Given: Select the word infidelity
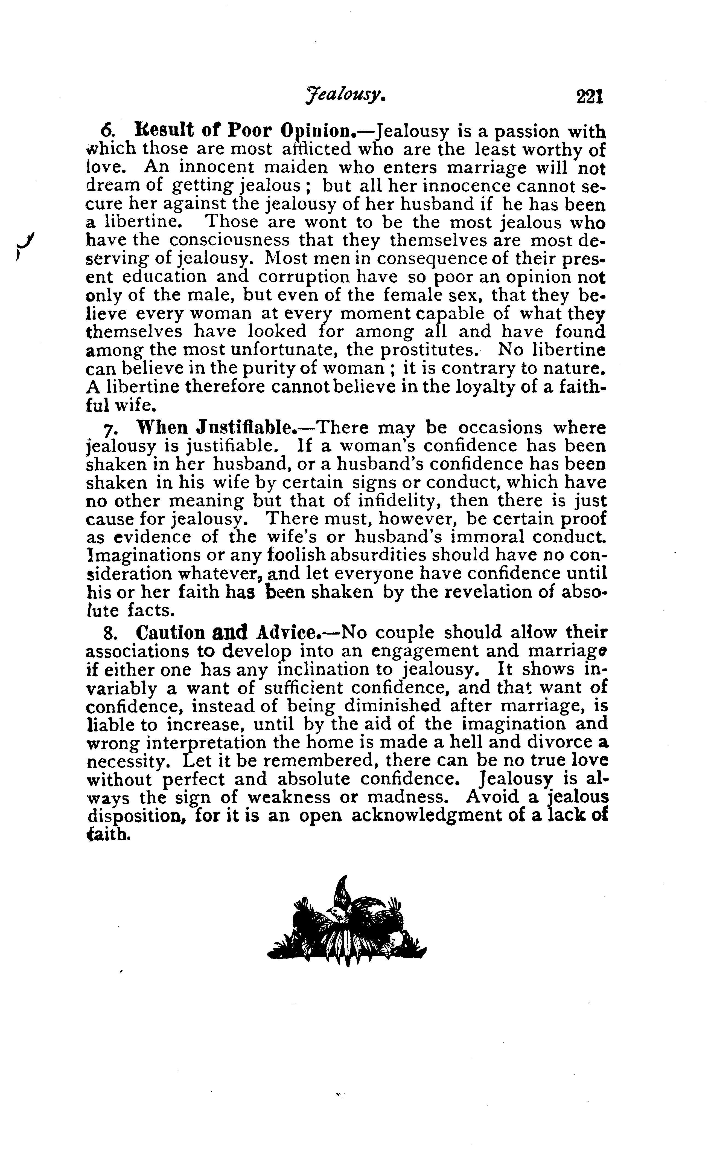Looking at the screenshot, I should click(x=393, y=500).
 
